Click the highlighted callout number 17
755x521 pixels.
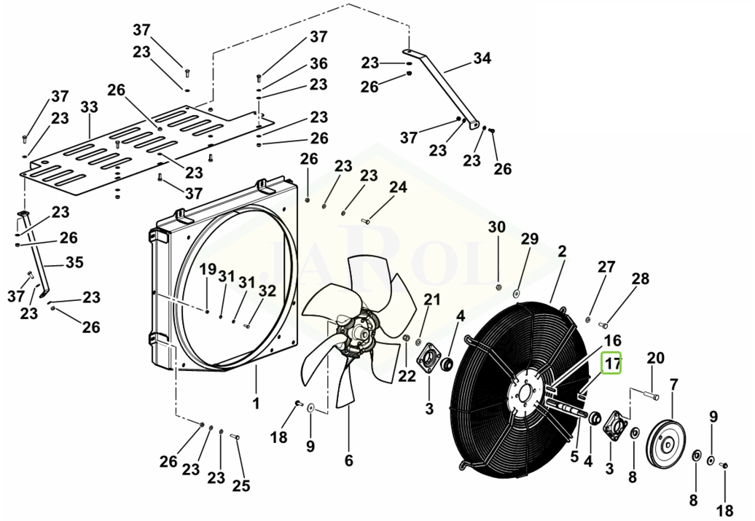click(612, 363)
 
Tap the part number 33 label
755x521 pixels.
click(90, 107)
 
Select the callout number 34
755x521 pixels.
click(482, 58)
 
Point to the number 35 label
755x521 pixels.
click(74, 262)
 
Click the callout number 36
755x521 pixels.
click(318, 63)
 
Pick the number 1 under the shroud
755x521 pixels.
click(257, 403)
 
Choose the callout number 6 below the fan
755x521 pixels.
click(348, 461)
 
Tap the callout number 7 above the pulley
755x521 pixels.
click(673, 385)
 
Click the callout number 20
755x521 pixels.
click(655, 358)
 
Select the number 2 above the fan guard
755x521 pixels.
click(563, 251)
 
